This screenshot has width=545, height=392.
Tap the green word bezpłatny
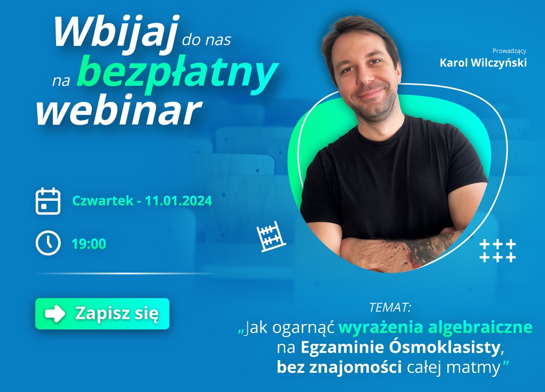click(x=177, y=73)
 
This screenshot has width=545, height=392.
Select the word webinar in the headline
click(x=119, y=110)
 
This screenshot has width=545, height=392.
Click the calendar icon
click(x=48, y=201)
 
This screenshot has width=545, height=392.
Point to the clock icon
click(x=48, y=243)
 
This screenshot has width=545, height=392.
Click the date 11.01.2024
click(x=178, y=201)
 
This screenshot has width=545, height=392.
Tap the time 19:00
click(x=89, y=244)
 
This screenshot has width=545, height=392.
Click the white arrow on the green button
click(x=55, y=314)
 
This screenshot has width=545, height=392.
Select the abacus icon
click(x=271, y=236)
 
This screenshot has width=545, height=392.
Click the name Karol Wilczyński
click(x=483, y=63)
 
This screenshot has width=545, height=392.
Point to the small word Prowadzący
click(x=509, y=51)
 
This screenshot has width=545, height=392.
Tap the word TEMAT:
click(x=390, y=308)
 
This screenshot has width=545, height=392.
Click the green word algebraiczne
click(x=480, y=327)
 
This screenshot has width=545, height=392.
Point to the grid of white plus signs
click(x=498, y=251)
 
